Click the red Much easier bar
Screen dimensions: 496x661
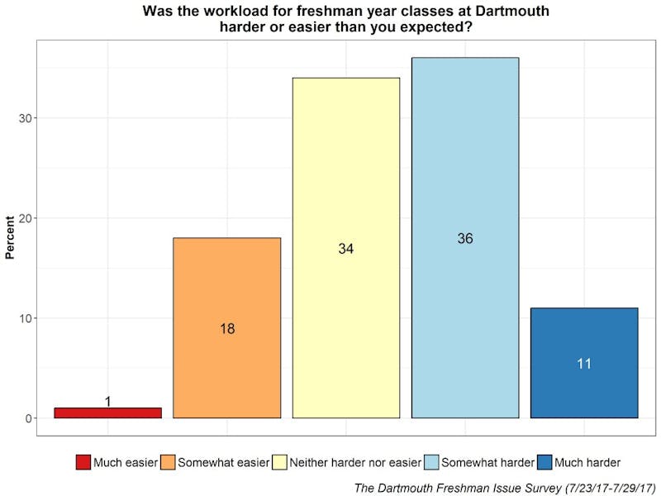pyautogui.click(x=107, y=413)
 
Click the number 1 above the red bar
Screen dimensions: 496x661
pyautogui.click(x=107, y=402)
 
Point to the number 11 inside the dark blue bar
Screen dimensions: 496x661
pyautogui.click(x=584, y=363)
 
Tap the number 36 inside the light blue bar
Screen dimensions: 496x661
pyautogui.click(x=465, y=238)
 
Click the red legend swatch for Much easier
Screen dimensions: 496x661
pyautogui.click(x=83, y=462)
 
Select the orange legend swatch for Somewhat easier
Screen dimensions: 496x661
pyautogui.click(x=168, y=462)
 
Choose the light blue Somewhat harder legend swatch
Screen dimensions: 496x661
pyautogui.click(x=431, y=462)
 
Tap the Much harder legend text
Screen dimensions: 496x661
pyautogui.click(x=587, y=462)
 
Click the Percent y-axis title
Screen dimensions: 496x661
pyautogui.click(x=10, y=236)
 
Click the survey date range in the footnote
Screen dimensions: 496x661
pyautogui.click(x=590, y=487)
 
